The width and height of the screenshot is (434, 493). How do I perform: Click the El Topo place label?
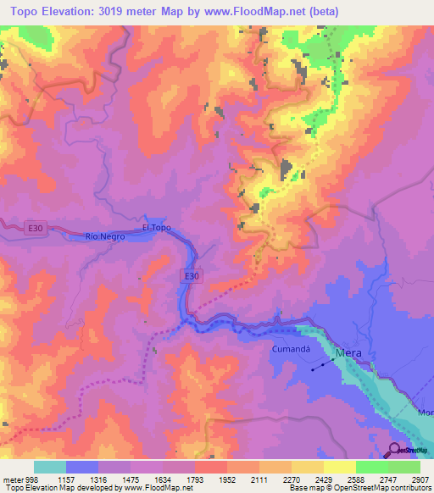[157, 228]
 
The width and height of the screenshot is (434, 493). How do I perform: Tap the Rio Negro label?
[105, 237]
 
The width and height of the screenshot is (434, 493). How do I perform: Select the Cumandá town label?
[292, 349]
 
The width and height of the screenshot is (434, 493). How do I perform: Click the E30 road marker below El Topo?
[192, 275]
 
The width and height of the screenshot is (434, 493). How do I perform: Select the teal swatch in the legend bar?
[50, 467]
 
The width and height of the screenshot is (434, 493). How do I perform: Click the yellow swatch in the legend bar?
[340, 467]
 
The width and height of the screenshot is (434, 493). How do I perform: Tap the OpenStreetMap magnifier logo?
[396, 450]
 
